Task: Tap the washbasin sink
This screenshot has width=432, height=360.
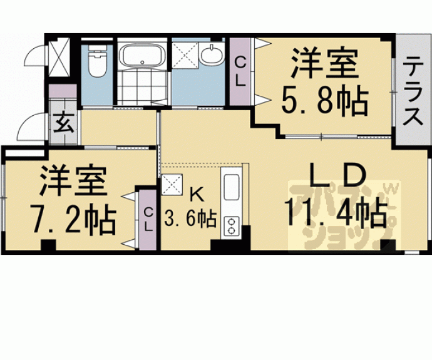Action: (213, 56)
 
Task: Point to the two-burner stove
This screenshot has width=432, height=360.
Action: (230, 225)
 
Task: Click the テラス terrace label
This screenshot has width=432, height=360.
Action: (411, 91)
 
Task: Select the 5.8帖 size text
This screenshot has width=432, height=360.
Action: (323, 99)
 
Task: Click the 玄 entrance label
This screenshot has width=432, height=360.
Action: (63, 121)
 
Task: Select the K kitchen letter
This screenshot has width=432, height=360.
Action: (195, 192)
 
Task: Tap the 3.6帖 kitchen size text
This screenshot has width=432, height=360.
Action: (190, 219)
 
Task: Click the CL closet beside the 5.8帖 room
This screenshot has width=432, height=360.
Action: (240, 71)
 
